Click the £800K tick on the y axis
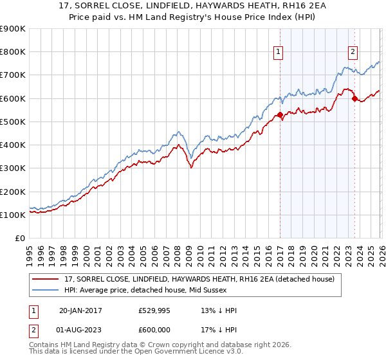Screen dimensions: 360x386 [x=13, y=52]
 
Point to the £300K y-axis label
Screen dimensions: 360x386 [x=13, y=168]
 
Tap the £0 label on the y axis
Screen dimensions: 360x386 [x=19, y=239]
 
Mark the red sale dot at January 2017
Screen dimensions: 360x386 [x=280, y=115]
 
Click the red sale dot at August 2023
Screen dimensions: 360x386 [x=354, y=98]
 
